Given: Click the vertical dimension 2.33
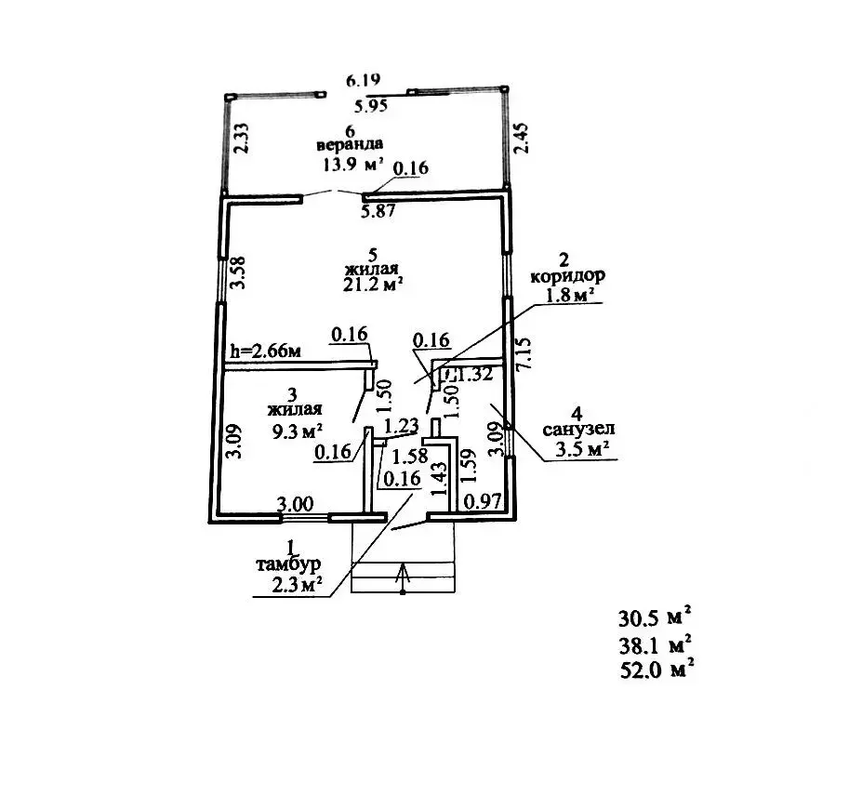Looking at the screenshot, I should pyautogui.click(x=240, y=139).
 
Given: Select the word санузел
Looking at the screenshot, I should pyautogui.click(x=577, y=431).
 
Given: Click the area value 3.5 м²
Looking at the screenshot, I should pyautogui.click(x=580, y=451).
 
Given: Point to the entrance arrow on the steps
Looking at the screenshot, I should pyautogui.click(x=403, y=577).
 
